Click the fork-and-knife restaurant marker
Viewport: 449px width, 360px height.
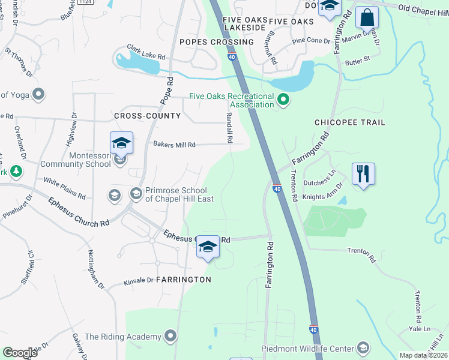click(363, 175)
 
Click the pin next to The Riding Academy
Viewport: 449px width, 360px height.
click(171, 335)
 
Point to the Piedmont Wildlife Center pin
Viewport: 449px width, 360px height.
click(362, 347)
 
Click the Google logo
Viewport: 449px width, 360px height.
click(20, 353)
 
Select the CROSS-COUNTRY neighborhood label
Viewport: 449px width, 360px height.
click(147, 116)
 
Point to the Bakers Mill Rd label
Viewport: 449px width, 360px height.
click(174, 145)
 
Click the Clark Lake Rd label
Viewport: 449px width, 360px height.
click(145, 52)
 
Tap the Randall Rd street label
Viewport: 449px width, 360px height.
click(229, 127)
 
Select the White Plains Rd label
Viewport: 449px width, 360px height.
click(64, 188)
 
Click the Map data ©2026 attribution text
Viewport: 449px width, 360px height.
click(424, 355)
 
